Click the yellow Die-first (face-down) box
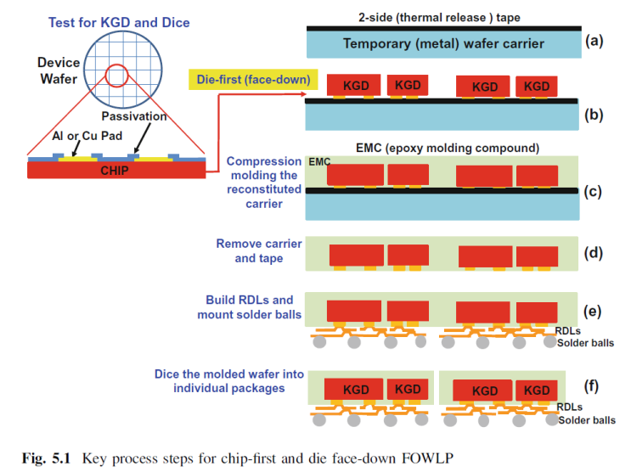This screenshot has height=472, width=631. click(250, 81)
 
